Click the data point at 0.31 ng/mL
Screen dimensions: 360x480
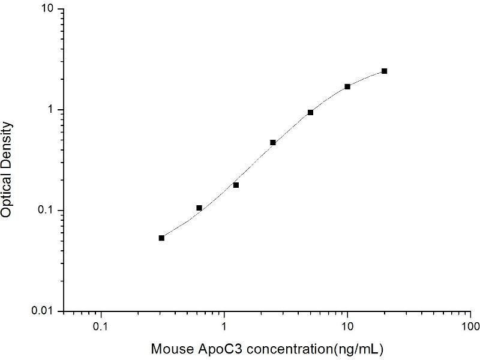tap(161, 238)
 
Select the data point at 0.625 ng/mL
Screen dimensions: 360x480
tap(199, 208)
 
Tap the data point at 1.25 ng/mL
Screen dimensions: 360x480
tap(236, 185)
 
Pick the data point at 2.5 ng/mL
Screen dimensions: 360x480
tap(273, 142)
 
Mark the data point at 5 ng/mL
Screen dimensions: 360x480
tap(310, 112)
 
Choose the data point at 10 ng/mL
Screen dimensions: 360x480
tap(347, 86)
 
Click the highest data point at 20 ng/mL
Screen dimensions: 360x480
tap(384, 71)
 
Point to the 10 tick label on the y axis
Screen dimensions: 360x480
tap(47, 10)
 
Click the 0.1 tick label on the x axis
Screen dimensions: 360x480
tap(101, 327)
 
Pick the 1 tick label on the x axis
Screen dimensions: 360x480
tap(224, 327)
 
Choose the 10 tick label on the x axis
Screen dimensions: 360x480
tap(347, 327)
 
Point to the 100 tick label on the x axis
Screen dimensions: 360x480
tap(470, 327)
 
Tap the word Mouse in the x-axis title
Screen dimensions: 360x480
tap(169, 349)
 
